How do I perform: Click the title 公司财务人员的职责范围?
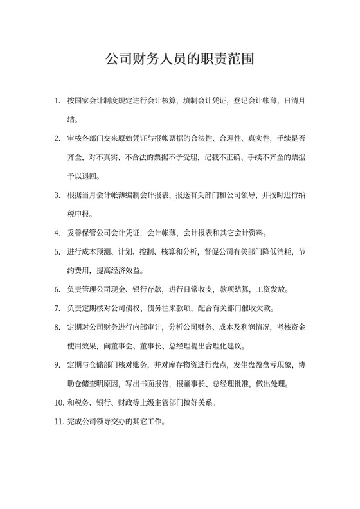pyautogui.click(x=180, y=60)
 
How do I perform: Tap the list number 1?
pyautogui.click(x=57, y=101)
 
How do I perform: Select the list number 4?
pyautogui.click(x=57, y=233)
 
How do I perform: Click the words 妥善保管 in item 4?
pyautogui.click(x=82, y=233)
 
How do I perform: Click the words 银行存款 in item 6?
pyautogui.click(x=142, y=289)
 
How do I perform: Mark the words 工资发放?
pyautogui.click(x=276, y=289)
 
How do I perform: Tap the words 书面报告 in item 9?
pyautogui.click(x=152, y=384)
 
